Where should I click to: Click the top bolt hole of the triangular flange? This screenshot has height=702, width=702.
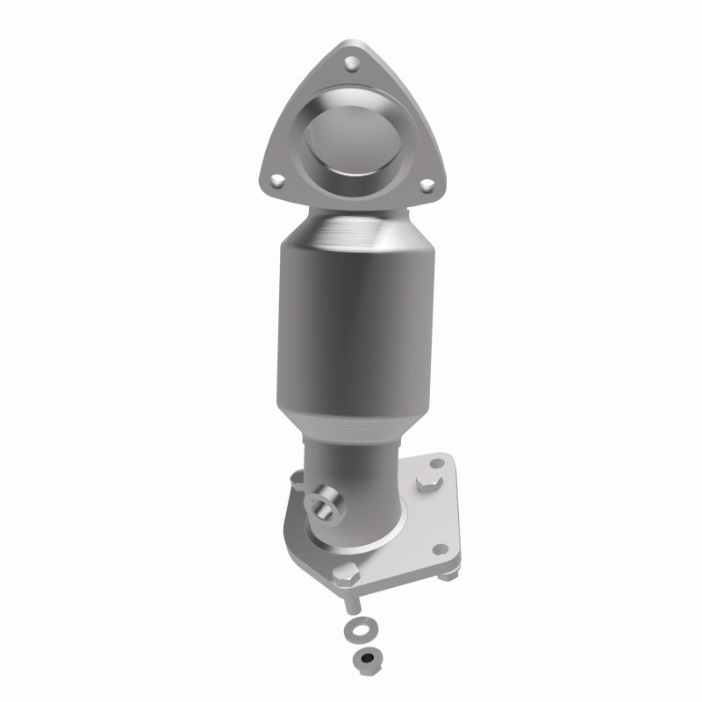point(351,63)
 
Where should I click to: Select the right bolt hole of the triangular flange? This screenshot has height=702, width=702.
point(426,185)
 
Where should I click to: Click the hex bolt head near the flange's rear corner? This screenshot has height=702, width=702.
point(431,484)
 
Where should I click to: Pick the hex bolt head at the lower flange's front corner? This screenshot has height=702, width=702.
point(343,577)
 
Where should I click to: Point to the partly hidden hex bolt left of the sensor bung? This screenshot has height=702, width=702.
point(296,480)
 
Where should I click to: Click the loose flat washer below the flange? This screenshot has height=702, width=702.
point(360,631)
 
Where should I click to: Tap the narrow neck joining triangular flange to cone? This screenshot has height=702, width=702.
point(351,197)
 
